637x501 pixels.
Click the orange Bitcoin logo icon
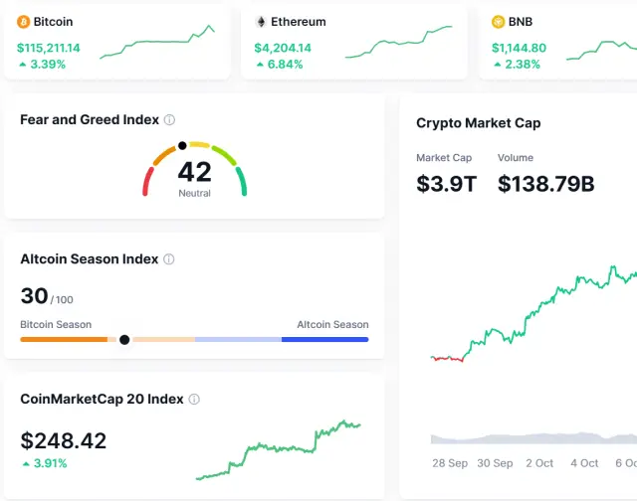pyautogui.click(x=24, y=21)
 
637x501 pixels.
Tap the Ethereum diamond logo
pyautogui.click(x=262, y=21)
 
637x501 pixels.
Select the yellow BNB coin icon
pyautogui.click(x=499, y=21)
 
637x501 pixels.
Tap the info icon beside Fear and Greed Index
pyautogui.click(x=169, y=120)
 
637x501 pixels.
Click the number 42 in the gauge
pyautogui.click(x=194, y=172)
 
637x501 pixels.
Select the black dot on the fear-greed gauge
pyautogui.click(x=182, y=146)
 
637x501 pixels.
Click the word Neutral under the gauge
pyautogui.click(x=194, y=193)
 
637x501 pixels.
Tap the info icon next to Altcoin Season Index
pyautogui.click(x=169, y=259)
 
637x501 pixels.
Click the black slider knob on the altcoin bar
pyautogui.click(x=124, y=340)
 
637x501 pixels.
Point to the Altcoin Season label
pyautogui.click(x=332, y=325)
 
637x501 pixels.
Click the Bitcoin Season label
pyautogui.click(x=56, y=325)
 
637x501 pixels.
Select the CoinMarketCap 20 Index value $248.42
pyautogui.click(x=64, y=440)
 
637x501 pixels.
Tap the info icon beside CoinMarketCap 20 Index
pyautogui.click(x=194, y=400)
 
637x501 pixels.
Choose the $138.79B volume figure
pyautogui.click(x=545, y=184)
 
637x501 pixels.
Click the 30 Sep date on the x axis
pyautogui.click(x=495, y=463)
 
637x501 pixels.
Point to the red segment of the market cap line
pyautogui.click(x=447, y=358)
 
